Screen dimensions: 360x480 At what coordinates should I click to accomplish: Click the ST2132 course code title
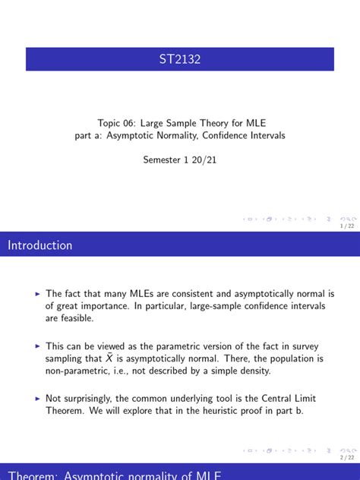pos(180,59)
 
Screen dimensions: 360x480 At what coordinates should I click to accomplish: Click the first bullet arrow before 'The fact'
pos(38,293)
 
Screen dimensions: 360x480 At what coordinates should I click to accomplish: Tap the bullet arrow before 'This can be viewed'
pos(38,345)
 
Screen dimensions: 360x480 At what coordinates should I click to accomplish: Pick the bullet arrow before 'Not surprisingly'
pos(38,397)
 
